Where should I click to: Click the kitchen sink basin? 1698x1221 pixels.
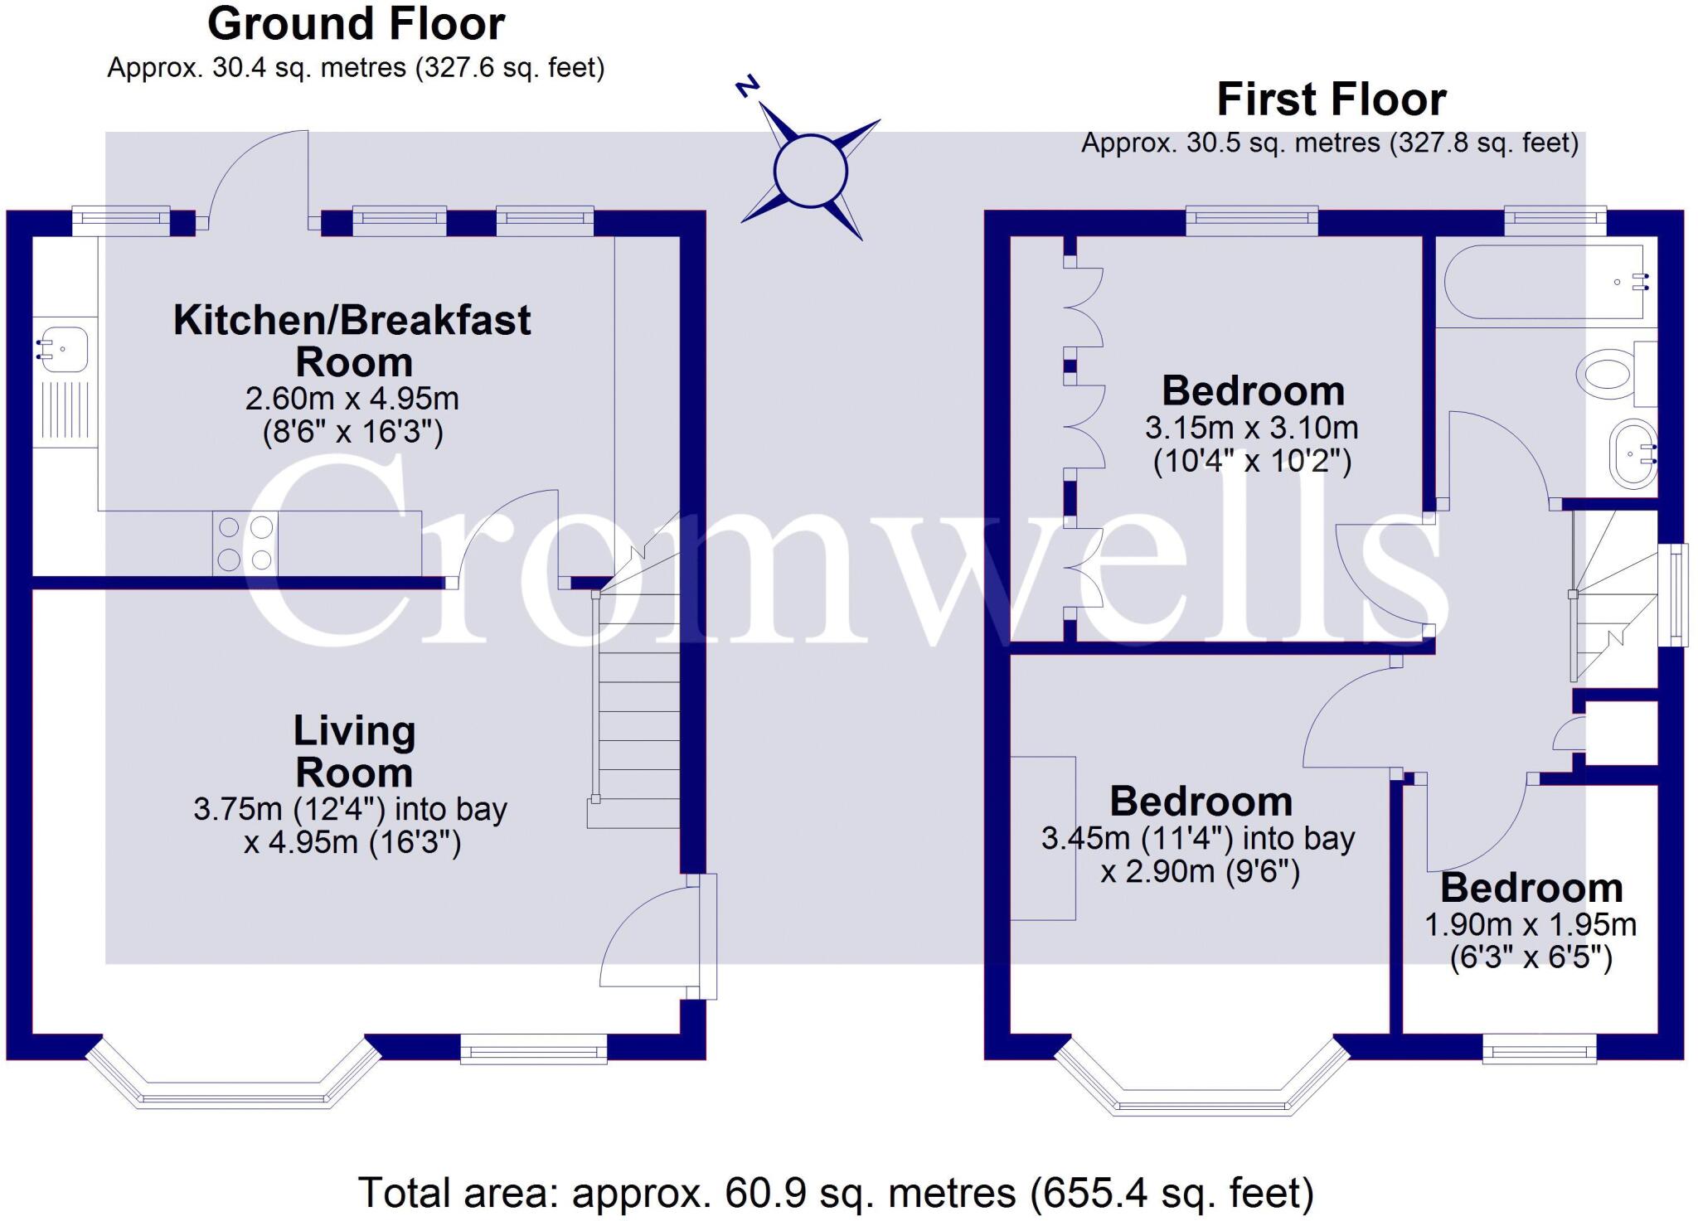click(x=63, y=349)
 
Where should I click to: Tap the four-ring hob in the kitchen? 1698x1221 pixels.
click(x=245, y=543)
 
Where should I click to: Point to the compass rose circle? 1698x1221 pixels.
click(x=810, y=172)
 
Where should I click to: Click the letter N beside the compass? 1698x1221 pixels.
click(x=748, y=87)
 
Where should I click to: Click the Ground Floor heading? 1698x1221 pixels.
click(x=356, y=24)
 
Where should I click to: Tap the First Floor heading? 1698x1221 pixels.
click(x=1331, y=99)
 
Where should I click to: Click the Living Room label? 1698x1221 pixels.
click(x=354, y=751)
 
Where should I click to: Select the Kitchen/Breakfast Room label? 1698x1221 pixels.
click(x=352, y=341)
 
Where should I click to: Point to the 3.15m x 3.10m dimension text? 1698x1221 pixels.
click(x=1252, y=428)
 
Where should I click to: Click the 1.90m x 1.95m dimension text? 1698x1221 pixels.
click(x=1531, y=924)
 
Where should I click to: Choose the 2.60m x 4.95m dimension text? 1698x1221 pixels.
click(x=352, y=399)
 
